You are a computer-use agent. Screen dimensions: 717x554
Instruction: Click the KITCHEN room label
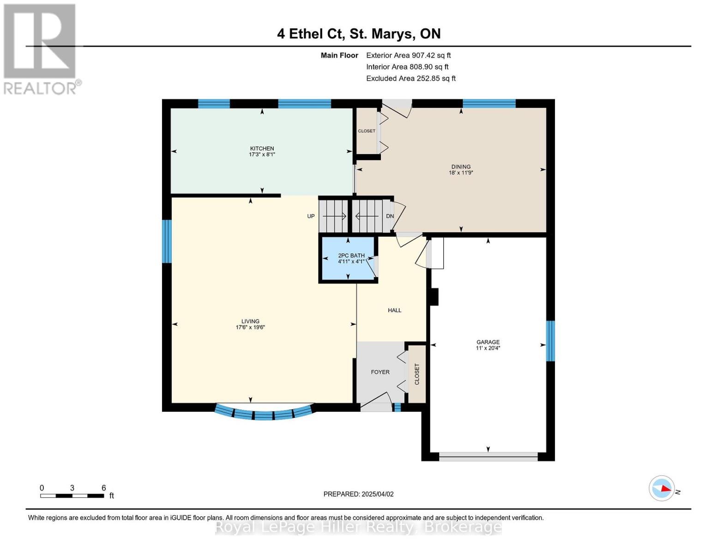(x=262, y=149)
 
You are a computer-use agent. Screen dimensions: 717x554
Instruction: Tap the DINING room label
(x=461, y=167)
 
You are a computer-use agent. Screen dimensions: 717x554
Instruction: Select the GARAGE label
(x=488, y=342)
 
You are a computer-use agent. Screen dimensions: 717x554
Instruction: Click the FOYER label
(x=380, y=372)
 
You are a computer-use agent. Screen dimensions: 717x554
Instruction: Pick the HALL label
(x=394, y=310)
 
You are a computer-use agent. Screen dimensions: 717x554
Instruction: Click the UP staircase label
(x=311, y=216)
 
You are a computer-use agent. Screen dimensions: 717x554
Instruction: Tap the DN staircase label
(x=390, y=216)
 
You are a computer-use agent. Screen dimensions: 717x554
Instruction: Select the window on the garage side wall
(x=550, y=341)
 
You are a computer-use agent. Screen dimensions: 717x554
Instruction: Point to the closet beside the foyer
(x=417, y=374)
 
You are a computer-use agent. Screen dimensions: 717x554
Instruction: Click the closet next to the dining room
(x=366, y=131)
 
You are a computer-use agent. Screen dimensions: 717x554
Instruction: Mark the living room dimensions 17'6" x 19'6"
(x=250, y=327)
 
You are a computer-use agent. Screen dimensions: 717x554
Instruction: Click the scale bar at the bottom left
(x=72, y=496)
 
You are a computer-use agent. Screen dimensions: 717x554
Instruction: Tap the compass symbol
(x=661, y=488)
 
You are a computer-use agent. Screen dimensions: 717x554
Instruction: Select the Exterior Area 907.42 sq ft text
(x=408, y=55)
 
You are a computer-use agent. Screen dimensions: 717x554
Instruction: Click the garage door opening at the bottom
(x=488, y=457)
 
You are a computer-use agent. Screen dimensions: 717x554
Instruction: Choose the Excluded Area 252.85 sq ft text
(x=411, y=78)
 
